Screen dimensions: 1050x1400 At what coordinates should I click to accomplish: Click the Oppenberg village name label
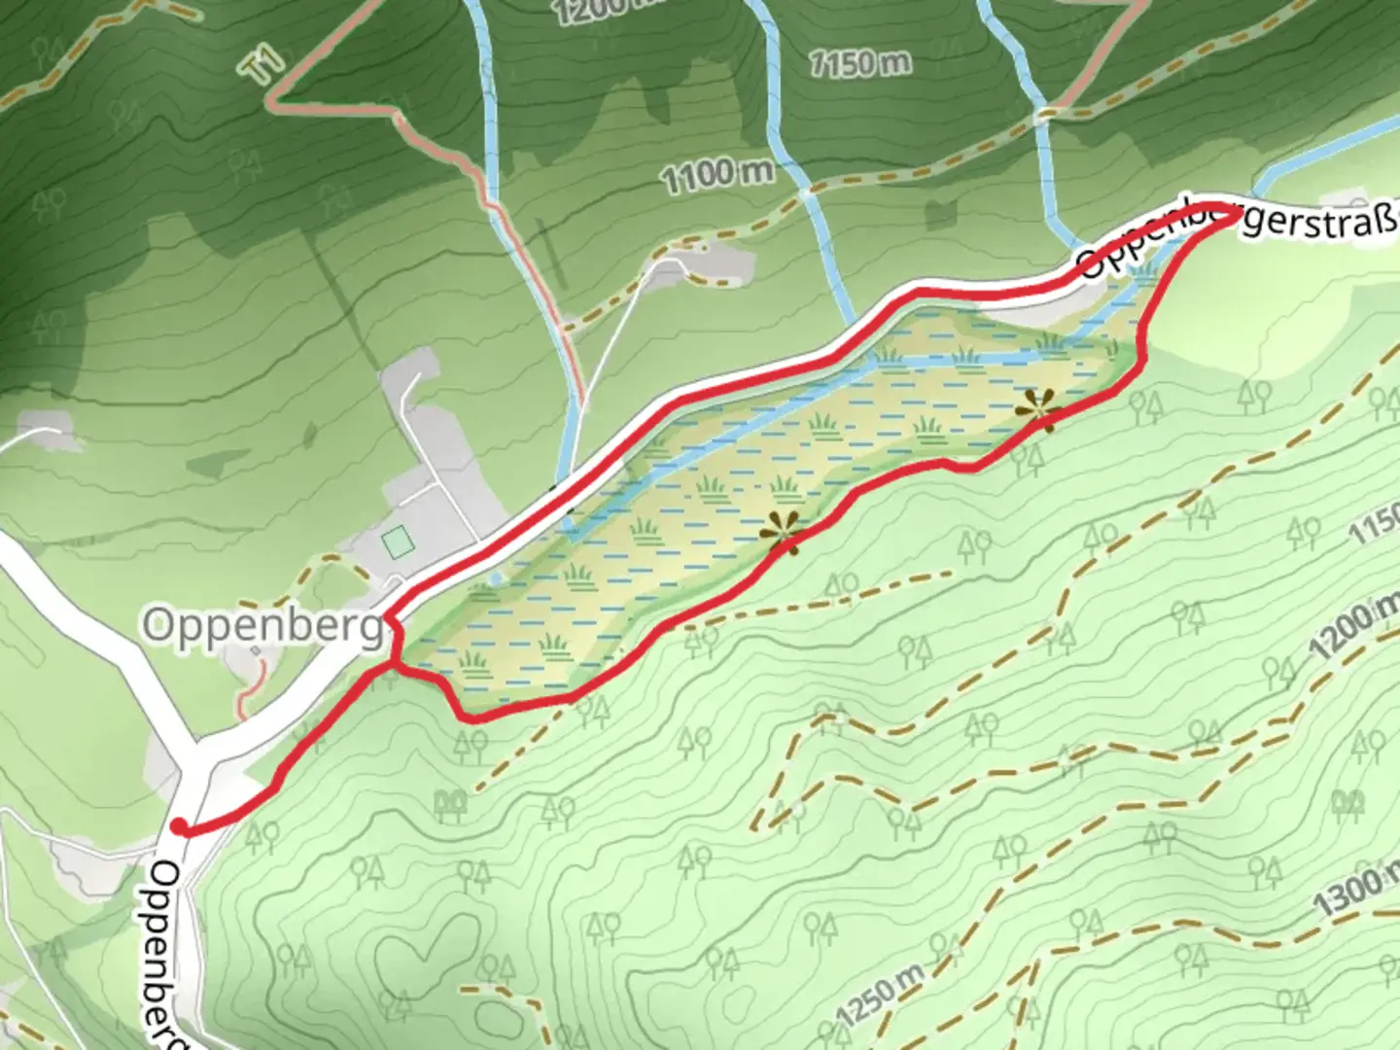tap(264, 627)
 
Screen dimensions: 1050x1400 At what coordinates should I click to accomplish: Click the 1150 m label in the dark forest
tap(860, 63)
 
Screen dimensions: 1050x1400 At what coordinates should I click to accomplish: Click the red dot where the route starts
tap(179, 826)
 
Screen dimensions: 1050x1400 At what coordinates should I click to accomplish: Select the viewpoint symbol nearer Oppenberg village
tap(781, 532)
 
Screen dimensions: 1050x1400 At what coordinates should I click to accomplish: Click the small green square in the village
tap(396, 542)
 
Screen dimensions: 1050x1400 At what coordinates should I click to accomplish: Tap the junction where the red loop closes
tap(394, 664)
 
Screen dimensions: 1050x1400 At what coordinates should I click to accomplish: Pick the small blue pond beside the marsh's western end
tap(497, 578)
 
